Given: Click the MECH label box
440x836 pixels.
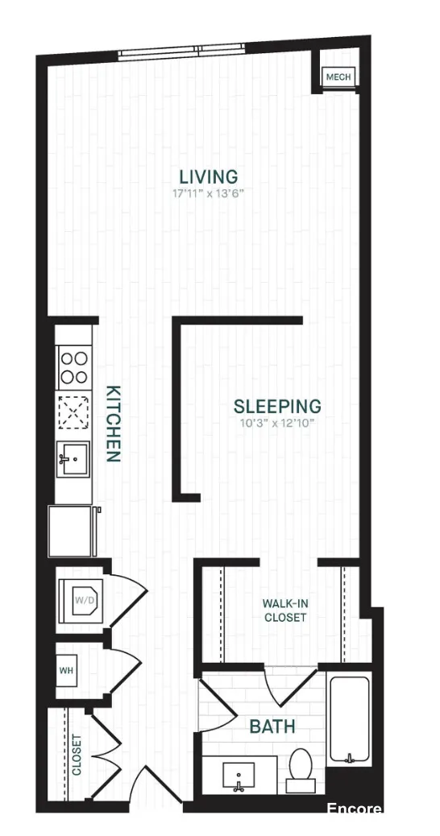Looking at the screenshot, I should click(x=337, y=77).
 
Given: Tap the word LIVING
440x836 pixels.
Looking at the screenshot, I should click(x=209, y=176).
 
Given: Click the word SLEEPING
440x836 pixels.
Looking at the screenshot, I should click(x=277, y=407).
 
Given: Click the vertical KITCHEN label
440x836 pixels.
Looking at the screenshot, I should click(x=113, y=424).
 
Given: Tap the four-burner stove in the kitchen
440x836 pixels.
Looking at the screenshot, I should click(x=73, y=367).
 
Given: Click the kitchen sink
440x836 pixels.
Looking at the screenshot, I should click(x=73, y=460).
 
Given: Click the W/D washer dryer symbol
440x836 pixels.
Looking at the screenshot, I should click(x=84, y=600).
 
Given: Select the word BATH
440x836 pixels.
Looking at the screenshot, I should click(x=272, y=727).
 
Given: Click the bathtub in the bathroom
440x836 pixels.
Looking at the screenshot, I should click(x=349, y=718).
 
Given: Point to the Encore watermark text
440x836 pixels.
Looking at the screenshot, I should click(x=354, y=809).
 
